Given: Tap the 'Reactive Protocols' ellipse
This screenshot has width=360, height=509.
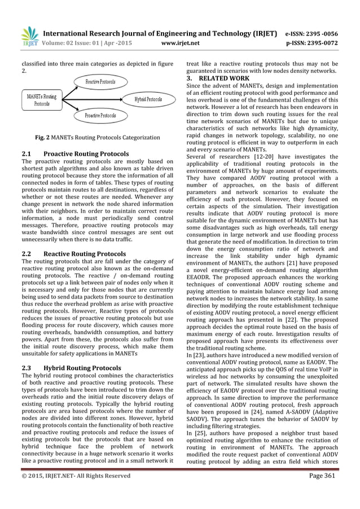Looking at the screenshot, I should (100, 82).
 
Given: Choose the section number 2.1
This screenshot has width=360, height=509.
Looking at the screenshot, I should (27, 153).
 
